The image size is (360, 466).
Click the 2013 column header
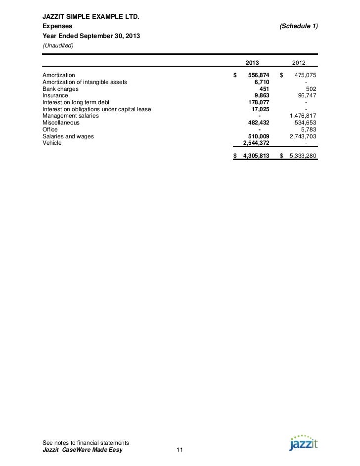[252, 63]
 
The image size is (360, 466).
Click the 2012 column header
[299, 63]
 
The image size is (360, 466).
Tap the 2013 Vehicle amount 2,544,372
[253, 143]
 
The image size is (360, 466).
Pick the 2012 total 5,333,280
[301, 156]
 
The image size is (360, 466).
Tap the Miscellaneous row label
[61, 123]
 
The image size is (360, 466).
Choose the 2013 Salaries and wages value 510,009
[258, 136]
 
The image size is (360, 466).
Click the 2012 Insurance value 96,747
[306, 96]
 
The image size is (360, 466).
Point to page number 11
[180, 450]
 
